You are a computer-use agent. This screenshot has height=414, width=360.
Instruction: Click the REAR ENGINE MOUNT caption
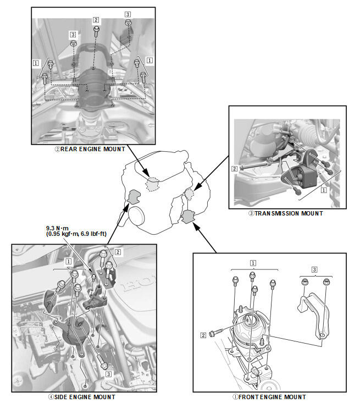pos(90,149)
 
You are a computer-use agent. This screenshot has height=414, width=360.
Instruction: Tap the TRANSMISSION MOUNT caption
pos(286,213)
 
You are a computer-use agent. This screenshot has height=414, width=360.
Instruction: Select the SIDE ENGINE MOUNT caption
pos(82,397)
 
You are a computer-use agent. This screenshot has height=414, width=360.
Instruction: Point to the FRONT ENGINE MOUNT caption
pos(269,397)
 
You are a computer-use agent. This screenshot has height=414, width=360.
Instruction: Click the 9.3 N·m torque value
pos(57,228)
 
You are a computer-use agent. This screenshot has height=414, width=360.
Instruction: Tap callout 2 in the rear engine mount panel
pos(96,20)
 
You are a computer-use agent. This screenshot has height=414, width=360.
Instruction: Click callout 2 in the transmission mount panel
pos(234,168)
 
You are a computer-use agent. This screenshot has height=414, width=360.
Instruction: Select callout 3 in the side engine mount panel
pos(108,374)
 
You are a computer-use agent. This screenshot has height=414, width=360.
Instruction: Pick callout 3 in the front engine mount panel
pos(314,269)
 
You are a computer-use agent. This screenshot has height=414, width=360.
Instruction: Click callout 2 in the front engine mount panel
pos(203,335)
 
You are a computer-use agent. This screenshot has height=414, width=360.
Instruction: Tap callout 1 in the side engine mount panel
pos(68,261)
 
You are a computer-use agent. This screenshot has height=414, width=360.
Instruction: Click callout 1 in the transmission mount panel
pos(324,190)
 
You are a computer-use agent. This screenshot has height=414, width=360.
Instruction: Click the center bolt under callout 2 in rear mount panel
pos(96,31)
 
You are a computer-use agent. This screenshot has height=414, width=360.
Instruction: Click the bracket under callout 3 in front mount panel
pos(313,314)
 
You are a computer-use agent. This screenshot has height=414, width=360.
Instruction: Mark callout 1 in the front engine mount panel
pos(253,263)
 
